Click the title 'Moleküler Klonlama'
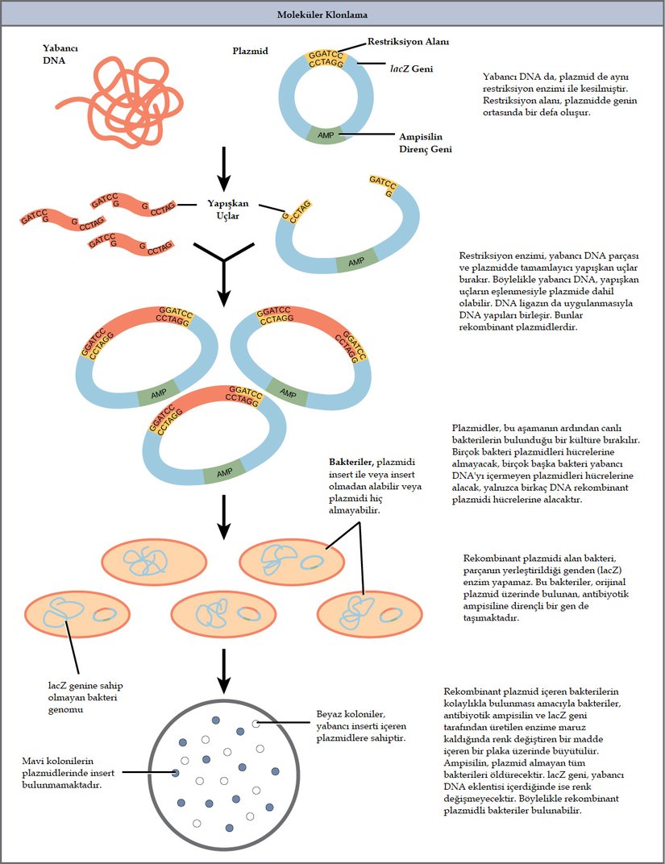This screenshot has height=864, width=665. pos(332,15)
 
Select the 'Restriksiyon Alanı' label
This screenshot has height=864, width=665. pos(408,41)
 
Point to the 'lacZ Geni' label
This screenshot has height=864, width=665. pos(412,69)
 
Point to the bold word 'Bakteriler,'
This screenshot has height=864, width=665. pos(352,463)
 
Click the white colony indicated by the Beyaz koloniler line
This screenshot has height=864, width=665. pos(256,724)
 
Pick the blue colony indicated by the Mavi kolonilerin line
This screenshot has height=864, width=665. pos(175,773)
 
